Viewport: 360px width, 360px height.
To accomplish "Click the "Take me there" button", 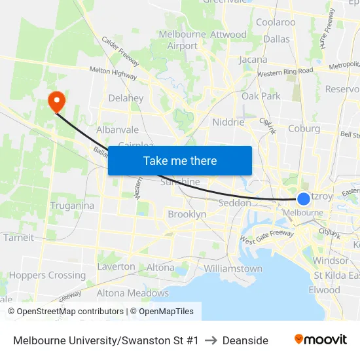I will [179, 160].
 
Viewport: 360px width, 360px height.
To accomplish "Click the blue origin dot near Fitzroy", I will [304, 199].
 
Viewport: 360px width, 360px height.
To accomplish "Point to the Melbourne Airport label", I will [183, 40].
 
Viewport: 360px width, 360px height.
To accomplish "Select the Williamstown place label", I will [233, 268].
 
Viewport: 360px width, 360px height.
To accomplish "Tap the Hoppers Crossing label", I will [47, 276].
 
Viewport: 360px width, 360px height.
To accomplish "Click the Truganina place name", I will [72, 206].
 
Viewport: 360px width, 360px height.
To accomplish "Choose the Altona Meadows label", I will [133, 293].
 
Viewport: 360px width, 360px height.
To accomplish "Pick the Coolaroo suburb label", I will [276, 22].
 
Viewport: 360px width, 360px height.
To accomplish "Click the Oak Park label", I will [261, 96].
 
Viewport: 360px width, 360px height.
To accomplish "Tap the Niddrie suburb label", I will [228, 122].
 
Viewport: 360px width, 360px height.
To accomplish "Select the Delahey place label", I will [126, 98].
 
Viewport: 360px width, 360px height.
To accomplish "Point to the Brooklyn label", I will [187, 214].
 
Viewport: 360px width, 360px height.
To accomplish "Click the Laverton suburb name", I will [116, 266].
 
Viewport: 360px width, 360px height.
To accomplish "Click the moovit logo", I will [321, 340].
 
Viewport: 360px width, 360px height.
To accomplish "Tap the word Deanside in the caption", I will [245, 340].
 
